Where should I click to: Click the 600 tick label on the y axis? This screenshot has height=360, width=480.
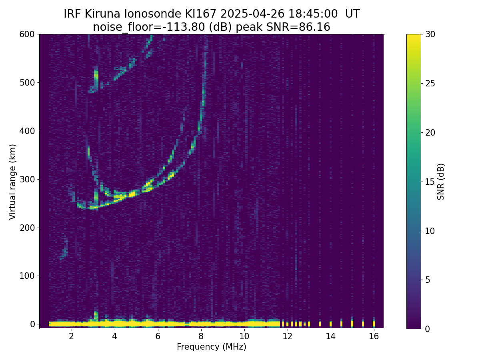pos(27,34)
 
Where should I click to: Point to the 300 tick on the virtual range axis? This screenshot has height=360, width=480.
pos(38,179)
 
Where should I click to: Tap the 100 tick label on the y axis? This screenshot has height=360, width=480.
pos(27,276)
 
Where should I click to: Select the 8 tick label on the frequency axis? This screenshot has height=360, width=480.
pos(201,336)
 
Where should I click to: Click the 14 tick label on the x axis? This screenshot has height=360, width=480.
pos(331,336)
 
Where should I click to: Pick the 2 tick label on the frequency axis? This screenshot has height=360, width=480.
pos(71,336)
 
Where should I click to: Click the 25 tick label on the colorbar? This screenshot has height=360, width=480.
pos(430,84)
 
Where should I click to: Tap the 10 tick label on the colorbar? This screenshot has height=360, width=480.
pos(430,231)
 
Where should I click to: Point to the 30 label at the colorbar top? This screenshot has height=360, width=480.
pos(430,34)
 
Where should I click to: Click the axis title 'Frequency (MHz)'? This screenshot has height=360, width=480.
pos(212,347)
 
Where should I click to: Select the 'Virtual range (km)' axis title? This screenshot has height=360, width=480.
pos(12,182)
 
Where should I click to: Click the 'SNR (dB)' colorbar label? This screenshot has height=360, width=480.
pos(440,182)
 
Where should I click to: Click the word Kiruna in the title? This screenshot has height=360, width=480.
pos(102,14)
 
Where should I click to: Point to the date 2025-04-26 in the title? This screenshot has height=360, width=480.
pos(252,14)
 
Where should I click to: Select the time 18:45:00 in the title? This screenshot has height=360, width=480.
pos(313,14)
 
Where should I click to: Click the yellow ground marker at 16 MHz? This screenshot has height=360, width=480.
pos(374,324)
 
